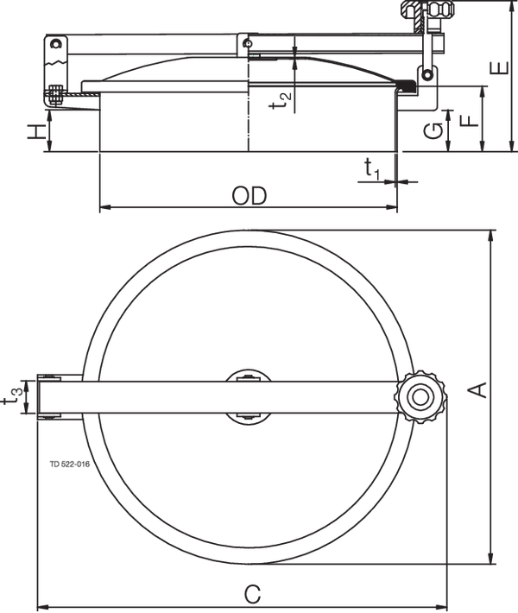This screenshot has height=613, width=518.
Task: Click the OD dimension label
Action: point(250,195)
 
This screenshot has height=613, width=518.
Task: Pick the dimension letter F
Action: point(470,118)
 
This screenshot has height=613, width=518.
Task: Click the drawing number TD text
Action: point(70,464)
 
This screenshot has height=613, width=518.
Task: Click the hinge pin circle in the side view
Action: point(57,44)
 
